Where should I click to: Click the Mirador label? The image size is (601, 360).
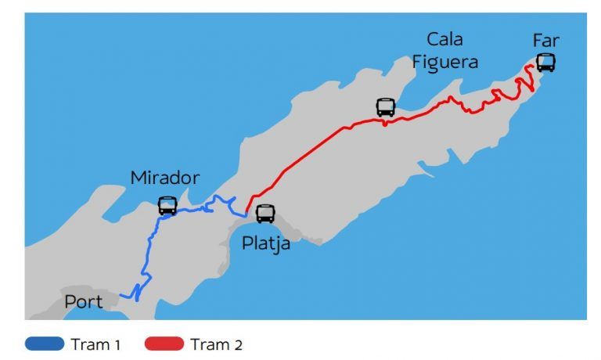(165, 178)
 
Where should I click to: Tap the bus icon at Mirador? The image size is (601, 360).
(167, 206)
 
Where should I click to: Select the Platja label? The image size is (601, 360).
(265, 243)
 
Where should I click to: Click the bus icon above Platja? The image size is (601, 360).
(265, 213)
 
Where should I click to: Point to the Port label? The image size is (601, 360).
(84, 301)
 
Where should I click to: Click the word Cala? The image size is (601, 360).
(444, 39)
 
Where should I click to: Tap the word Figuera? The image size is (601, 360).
(444, 62)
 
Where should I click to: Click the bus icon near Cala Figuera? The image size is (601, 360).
(386, 107)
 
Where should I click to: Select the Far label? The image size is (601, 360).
(545, 39)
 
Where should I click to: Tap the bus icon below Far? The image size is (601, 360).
(545, 63)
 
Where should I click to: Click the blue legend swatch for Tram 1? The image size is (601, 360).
(44, 344)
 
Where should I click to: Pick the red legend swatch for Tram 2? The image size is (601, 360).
(164, 344)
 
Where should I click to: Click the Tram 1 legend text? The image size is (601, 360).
(95, 344)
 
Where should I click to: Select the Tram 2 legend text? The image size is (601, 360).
(217, 344)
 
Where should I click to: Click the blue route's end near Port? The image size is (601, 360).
(122, 297)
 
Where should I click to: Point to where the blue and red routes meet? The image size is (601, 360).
(246, 213)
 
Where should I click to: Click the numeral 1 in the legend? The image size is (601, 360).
(117, 344)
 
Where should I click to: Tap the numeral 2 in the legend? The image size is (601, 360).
(238, 344)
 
